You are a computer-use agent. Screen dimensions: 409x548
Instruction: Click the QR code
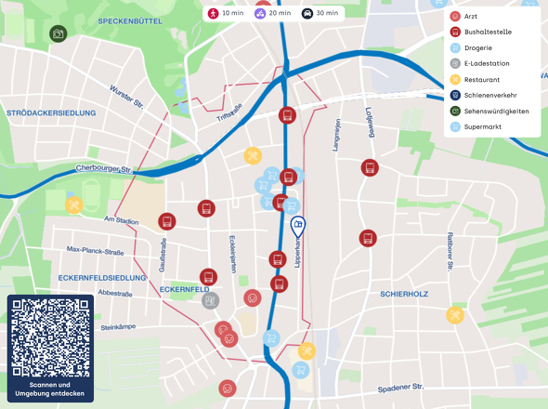click(x=50, y=336)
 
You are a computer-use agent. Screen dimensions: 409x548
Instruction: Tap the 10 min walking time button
click(x=226, y=14)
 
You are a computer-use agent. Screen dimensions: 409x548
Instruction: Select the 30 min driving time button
click(x=320, y=14)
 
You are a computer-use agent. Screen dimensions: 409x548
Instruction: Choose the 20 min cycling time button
click(x=273, y=14)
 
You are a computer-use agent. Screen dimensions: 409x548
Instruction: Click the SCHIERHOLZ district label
click(x=404, y=294)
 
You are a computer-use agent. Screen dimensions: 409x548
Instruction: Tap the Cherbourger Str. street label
click(x=105, y=170)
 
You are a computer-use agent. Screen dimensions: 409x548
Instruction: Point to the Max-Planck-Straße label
click(x=96, y=250)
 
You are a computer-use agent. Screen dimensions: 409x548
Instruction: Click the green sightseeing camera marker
click(x=58, y=34)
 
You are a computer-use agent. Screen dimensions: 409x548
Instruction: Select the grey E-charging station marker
click(x=211, y=300)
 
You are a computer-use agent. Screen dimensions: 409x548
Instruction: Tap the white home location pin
click(x=298, y=226)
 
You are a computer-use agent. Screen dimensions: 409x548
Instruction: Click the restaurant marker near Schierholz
click(x=455, y=315)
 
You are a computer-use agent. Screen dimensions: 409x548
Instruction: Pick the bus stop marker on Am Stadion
click(x=166, y=221)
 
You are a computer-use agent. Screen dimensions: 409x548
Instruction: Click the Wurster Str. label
click(x=126, y=96)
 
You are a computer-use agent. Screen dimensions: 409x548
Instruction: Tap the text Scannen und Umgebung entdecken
click(x=50, y=389)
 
